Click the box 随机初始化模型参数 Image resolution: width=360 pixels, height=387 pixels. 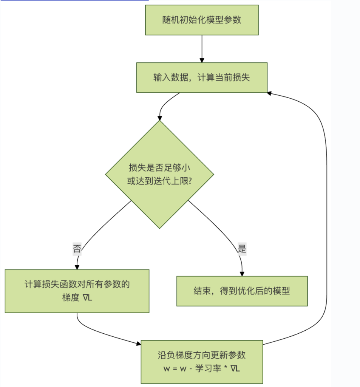click(202, 20)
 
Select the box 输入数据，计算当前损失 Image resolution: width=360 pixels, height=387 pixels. click(202, 77)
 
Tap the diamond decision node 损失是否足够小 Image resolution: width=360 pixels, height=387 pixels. click(159, 174)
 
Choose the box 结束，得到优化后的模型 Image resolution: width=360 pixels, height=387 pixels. click(242, 291)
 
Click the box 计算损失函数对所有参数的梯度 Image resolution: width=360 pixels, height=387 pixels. click(77, 291)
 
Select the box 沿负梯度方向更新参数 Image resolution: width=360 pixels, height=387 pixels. click(202, 362)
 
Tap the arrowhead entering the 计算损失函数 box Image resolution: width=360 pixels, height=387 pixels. click(77, 267)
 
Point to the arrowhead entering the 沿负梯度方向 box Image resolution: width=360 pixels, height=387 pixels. click(138, 343)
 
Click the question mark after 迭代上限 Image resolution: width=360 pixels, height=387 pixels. click(189, 181)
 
